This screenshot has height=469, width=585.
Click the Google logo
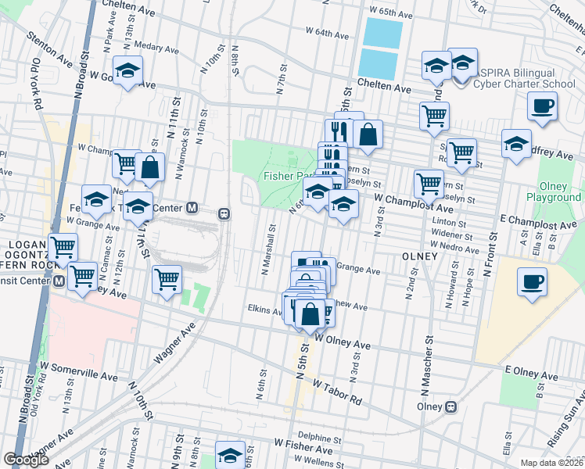[x=26, y=460]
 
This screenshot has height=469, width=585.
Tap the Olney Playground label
[x=559, y=192]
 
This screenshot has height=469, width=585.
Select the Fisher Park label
[x=284, y=176]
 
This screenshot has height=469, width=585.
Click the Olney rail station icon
[x=450, y=406]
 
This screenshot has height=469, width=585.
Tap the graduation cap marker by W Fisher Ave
[x=230, y=455]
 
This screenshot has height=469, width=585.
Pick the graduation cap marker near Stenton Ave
[x=127, y=70]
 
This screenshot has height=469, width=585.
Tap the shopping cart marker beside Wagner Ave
[x=166, y=278]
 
